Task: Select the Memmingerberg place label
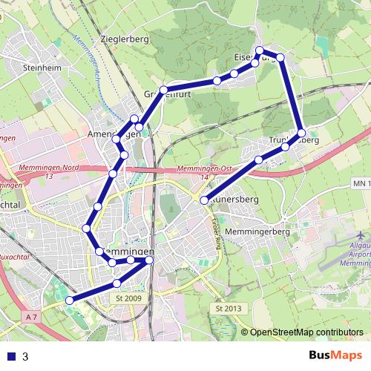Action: tap(261, 232)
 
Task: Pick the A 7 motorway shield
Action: tap(30, 318)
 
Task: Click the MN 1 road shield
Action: tap(361, 183)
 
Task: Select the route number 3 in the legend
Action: tap(25, 356)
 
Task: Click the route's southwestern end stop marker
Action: tap(70, 300)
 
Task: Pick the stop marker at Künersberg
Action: tap(205, 200)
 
